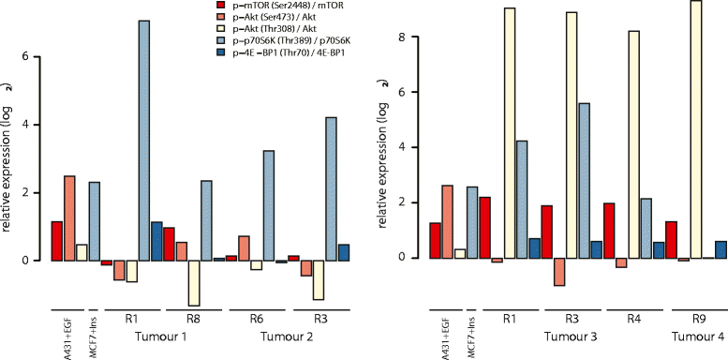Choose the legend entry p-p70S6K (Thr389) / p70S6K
pos(280,42)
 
